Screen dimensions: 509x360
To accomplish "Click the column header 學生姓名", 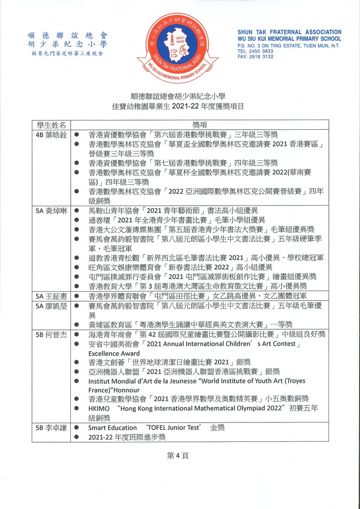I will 49,125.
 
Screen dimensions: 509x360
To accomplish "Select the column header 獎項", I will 199,125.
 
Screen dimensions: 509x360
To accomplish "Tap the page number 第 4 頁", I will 178,456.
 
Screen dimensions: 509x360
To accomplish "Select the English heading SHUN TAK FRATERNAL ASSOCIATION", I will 289,32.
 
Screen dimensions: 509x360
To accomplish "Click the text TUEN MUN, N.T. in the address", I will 321,46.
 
